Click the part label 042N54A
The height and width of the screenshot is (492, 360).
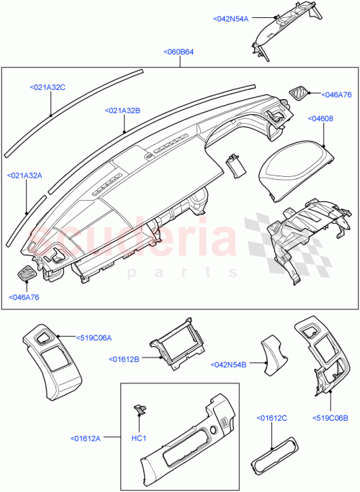click(x=231, y=19)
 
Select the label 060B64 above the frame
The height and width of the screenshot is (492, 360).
click(x=178, y=52)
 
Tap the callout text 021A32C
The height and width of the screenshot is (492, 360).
click(x=48, y=87)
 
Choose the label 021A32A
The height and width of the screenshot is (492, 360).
click(x=25, y=175)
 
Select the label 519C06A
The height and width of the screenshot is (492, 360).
click(x=96, y=336)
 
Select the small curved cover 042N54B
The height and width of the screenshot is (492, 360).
click(x=273, y=352)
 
